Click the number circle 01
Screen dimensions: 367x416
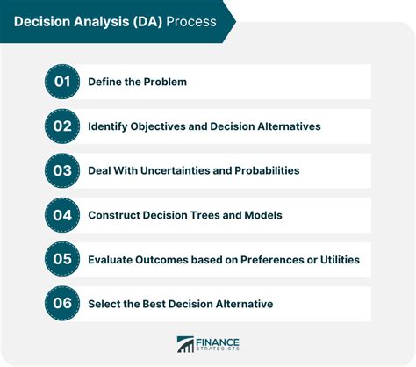tap(61, 82)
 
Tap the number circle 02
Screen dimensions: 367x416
tap(61, 126)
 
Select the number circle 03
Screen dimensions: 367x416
tap(61, 170)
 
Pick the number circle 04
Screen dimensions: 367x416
tap(61, 215)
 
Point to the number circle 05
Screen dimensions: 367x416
tap(61, 259)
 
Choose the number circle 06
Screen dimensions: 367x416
tap(61, 304)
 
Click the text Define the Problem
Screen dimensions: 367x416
tap(137, 82)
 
